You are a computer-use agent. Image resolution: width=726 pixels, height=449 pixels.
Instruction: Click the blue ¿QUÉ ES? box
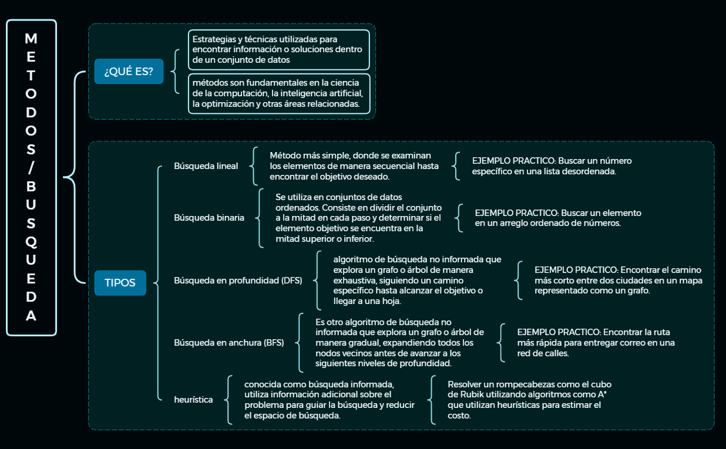coord(129,72)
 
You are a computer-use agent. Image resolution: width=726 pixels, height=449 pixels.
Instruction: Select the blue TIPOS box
coord(120,282)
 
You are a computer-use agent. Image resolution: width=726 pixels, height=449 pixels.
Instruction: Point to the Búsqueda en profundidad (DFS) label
coord(238,281)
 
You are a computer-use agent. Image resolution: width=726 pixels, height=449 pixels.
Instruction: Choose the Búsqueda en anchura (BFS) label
coord(229,343)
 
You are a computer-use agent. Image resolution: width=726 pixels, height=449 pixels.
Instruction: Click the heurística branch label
coord(194,400)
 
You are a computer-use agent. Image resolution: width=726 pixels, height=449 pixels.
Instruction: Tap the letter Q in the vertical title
coord(31,242)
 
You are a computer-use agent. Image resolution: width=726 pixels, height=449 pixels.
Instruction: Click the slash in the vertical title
coord(31,168)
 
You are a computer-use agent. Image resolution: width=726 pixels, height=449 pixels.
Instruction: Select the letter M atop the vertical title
coord(31,39)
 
